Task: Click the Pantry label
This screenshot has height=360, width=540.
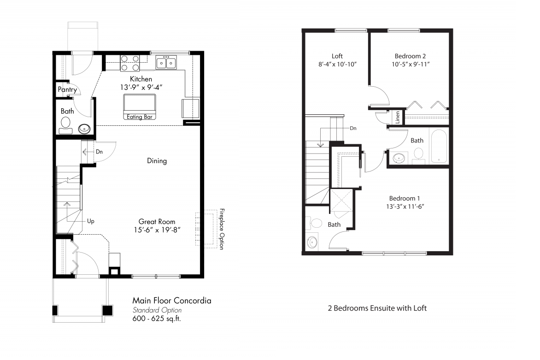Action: coord(67,90)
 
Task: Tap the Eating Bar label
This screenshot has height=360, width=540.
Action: coord(141,117)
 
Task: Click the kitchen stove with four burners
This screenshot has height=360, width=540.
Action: coord(130,63)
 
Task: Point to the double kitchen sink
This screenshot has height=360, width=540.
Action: coord(166,62)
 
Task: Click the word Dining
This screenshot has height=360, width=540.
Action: coord(157,161)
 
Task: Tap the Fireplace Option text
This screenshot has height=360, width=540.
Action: coord(222,229)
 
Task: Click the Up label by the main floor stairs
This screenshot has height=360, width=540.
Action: coord(91,221)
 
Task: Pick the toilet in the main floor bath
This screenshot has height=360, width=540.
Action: coord(65,123)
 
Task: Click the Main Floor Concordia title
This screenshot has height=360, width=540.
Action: coord(172,301)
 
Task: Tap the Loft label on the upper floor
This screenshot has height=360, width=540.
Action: coord(337,56)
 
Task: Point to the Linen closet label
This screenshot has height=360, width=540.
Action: coord(397,118)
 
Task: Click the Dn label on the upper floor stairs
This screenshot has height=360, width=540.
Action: coord(353,128)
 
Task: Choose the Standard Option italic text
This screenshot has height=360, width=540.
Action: coord(157,310)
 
